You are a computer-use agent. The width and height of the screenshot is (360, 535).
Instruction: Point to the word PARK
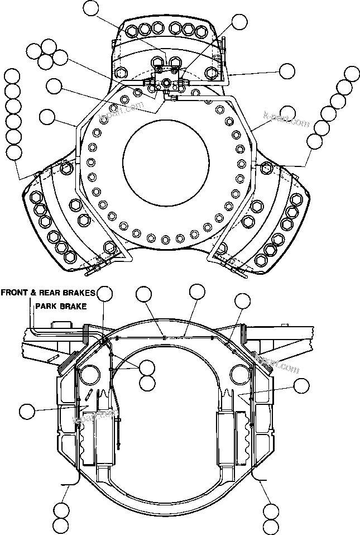[45, 306]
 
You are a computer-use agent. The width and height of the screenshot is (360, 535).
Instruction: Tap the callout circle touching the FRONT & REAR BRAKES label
[105, 293]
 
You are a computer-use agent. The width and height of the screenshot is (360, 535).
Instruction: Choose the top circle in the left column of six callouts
[13, 76]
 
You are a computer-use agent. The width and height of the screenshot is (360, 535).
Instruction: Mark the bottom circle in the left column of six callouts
[13, 151]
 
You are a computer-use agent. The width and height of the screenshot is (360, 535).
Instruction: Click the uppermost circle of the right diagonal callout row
[352, 73]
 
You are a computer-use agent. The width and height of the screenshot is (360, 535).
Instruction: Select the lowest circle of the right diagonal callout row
[314, 141]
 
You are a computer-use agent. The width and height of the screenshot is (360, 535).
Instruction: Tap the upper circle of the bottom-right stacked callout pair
[270, 510]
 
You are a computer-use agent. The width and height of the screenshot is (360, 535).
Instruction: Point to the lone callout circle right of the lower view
[301, 385]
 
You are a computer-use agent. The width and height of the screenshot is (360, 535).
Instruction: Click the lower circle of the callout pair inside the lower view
[147, 383]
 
